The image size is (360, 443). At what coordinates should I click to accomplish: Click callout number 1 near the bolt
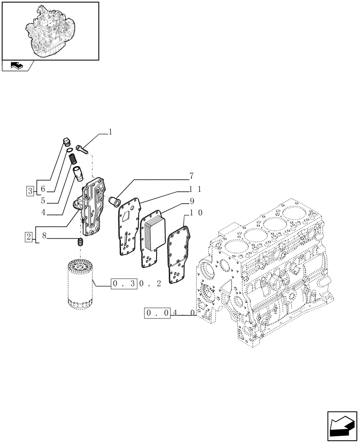[x=110, y=132]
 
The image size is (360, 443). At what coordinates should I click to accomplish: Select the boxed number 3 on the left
[x=29, y=191]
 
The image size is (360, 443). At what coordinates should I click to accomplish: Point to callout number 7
[x=191, y=176]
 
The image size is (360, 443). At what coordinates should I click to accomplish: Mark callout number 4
[x=43, y=213]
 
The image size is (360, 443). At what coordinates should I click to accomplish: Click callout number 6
[x=43, y=189]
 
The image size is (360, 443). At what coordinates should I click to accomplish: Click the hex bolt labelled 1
[x=82, y=149]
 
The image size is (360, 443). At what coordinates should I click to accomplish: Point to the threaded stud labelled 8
[x=81, y=242]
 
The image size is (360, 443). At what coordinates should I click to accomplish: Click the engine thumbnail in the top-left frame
[x=50, y=30]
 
